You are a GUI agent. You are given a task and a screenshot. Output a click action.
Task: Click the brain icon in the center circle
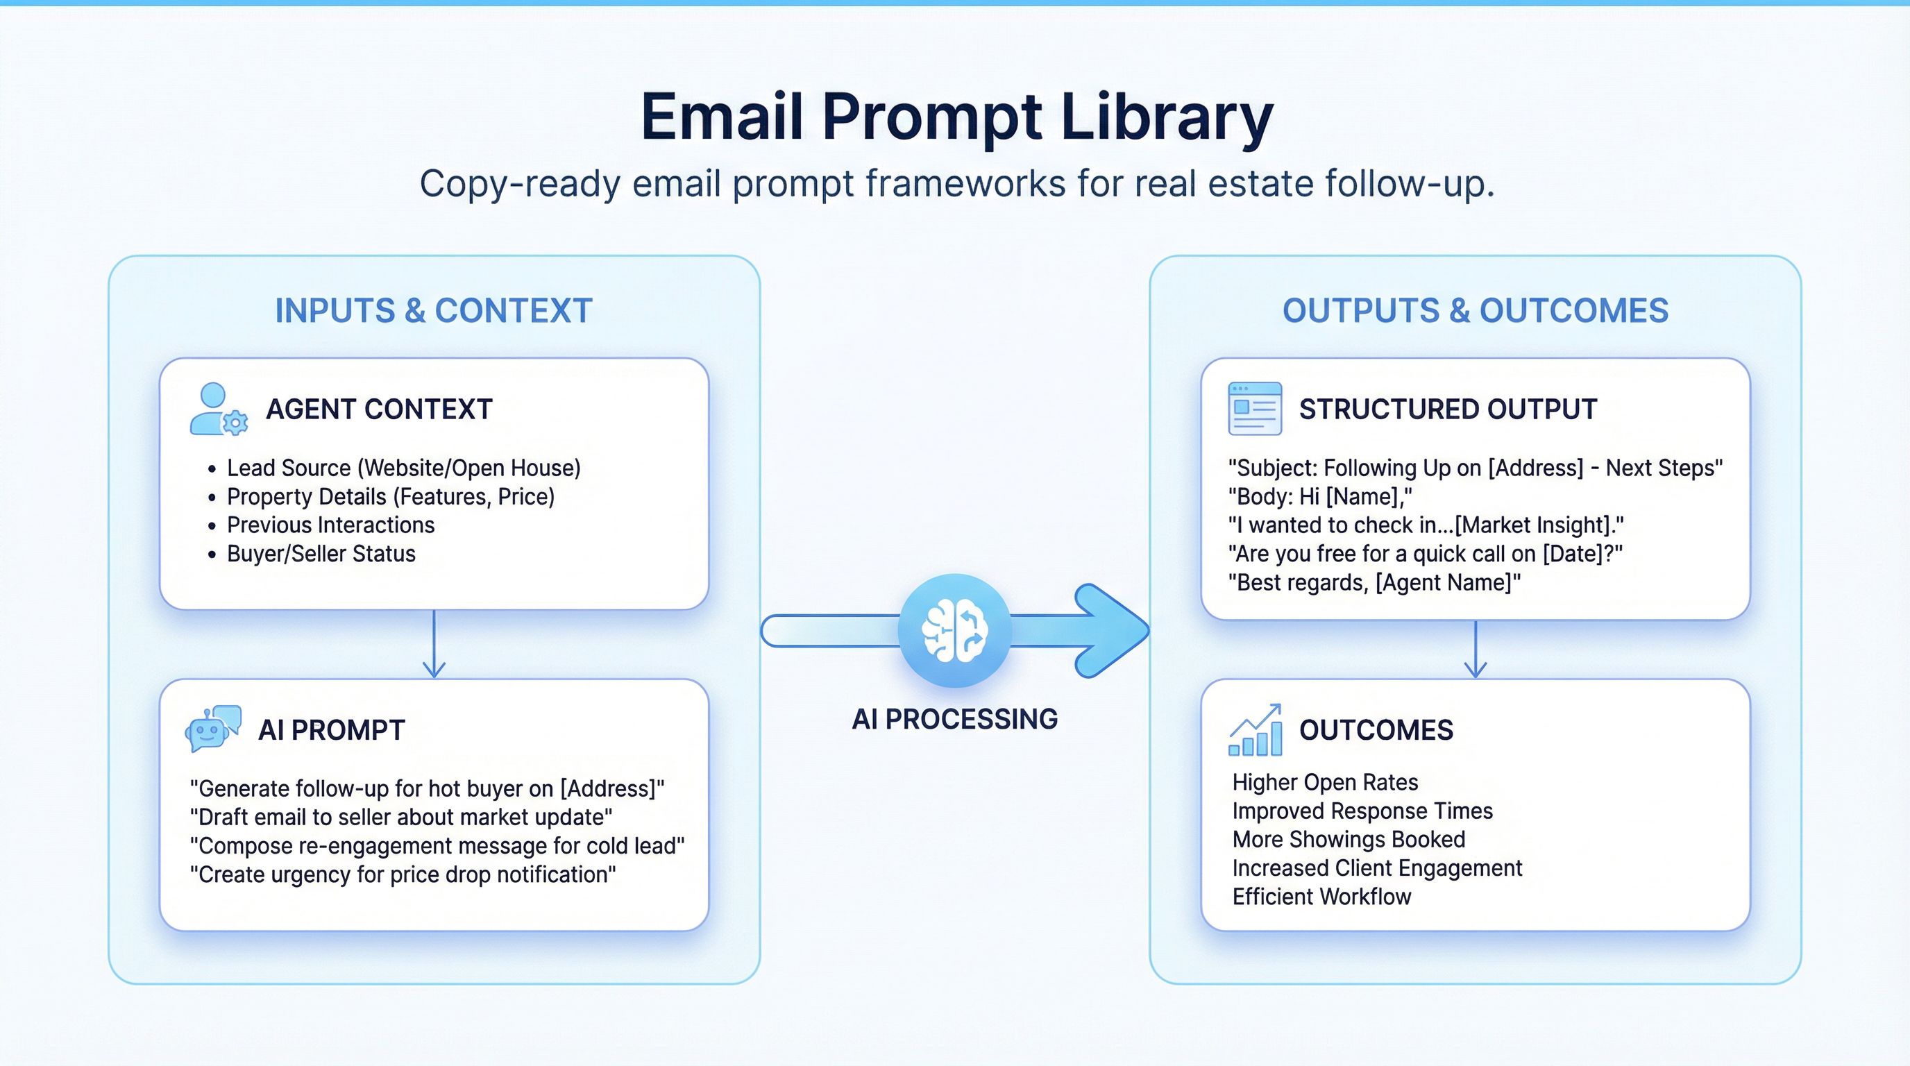[x=954, y=630]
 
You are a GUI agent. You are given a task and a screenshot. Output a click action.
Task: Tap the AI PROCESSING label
[x=954, y=719]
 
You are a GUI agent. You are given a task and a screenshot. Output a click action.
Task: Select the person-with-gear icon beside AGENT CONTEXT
[x=218, y=409]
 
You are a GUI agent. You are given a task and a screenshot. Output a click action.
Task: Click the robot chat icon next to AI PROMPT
[x=213, y=729]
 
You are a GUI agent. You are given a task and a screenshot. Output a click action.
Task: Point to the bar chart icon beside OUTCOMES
[x=1256, y=730]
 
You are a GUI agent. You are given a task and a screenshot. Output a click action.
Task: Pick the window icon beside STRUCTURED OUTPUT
[x=1255, y=409]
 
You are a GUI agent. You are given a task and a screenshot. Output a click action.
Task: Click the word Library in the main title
[x=1166, y=117]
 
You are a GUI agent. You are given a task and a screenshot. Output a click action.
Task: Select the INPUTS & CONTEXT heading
[x=434, y=311]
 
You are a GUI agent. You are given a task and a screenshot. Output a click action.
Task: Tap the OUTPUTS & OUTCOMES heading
[x=1475, y=311]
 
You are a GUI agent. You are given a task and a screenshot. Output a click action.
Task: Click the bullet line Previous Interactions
[x=330, y=525]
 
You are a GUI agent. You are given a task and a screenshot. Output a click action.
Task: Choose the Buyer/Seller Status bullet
[x=321, y=554]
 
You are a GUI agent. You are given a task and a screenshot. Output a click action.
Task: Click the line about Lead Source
[x=403, y=468]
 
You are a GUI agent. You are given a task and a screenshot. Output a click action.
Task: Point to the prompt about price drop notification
[x=403, y=874]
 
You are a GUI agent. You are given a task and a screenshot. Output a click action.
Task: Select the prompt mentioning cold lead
[x=437, y=846]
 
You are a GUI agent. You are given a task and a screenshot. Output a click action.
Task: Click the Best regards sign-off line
[x=1374, y=583]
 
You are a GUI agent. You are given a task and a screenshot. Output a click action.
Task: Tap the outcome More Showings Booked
[x=1348, y=839]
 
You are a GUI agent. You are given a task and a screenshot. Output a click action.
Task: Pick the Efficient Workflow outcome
[x=1321, y=897]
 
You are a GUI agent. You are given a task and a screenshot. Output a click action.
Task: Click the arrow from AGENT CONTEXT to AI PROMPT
[x=434, y=644]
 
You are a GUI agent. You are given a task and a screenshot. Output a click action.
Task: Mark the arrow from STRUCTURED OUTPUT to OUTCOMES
[x=1476, y=650]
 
